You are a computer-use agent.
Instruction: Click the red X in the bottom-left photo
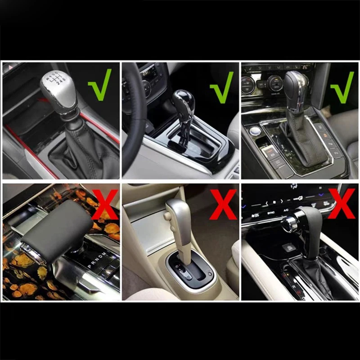(104, 204)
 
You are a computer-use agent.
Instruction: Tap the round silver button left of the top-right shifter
(256, 131)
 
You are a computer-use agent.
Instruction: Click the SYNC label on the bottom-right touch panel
(271, 211)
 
